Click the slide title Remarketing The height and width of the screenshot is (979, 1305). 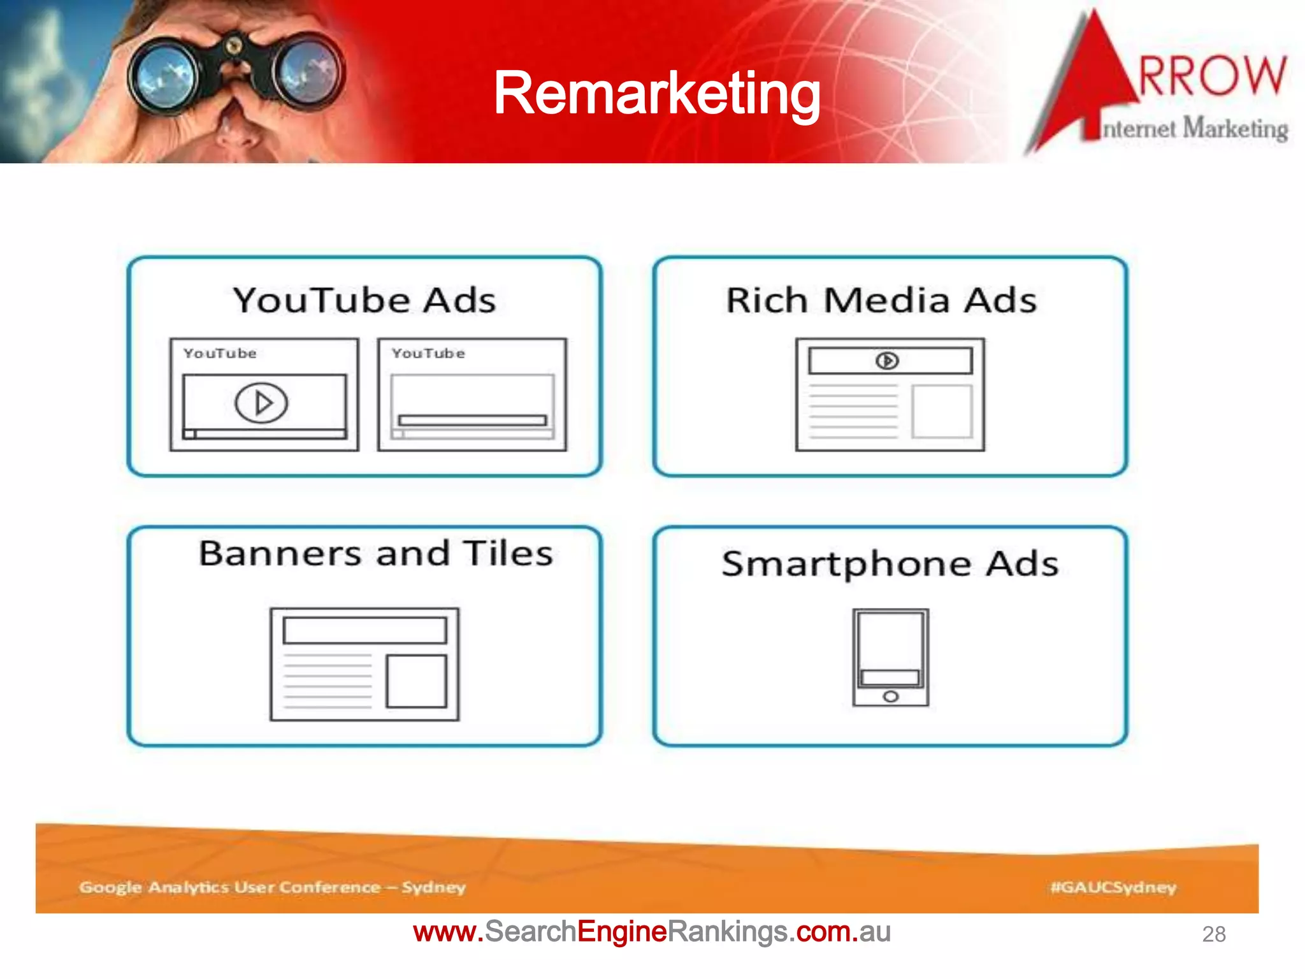tap(656, 94)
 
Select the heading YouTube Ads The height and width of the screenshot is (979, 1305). tap(364, 300)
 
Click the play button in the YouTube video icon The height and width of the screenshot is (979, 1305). tap(261, 402)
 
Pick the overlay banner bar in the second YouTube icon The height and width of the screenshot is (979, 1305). tap(472, 420)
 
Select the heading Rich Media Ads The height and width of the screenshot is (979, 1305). tap(881, 300)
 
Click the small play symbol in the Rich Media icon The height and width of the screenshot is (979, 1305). tap(887, 361)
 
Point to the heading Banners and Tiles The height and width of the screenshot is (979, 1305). tap(376, 553)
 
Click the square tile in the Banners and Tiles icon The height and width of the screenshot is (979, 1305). tap(416, 681)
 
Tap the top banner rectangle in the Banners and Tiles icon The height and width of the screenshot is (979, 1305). tap(364, 630)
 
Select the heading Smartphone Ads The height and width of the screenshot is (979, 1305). tap(890, 563)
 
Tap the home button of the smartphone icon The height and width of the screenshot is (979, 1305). tap(890, 697)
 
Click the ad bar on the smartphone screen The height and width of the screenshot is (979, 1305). tap(890, 677)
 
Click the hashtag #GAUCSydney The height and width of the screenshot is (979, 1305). tap(1113, 887)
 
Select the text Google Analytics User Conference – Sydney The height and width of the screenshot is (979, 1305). tap(272, 887)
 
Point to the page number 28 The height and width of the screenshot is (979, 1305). tap(1213, 934)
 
